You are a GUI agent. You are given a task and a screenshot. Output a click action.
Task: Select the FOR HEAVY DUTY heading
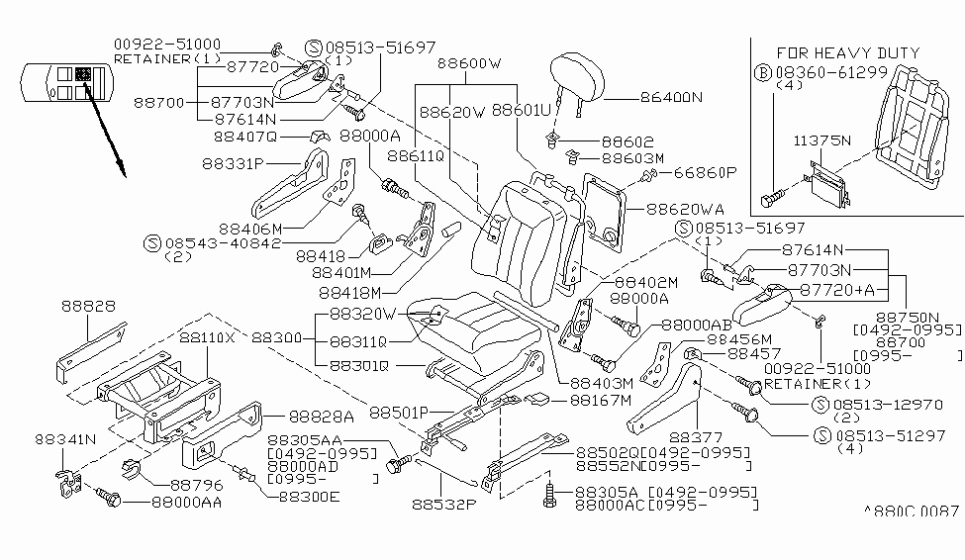click(847, 52)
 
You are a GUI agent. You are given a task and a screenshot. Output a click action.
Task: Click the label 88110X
click(207, 336)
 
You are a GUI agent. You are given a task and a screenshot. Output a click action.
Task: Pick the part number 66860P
click(705, 172)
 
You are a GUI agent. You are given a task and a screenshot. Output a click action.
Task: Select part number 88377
click(697, 434)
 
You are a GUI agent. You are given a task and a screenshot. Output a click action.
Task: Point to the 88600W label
click(469, 63)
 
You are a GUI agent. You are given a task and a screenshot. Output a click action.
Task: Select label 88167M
click(600, 400)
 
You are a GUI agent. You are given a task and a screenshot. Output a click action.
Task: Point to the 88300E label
click(308, 496)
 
